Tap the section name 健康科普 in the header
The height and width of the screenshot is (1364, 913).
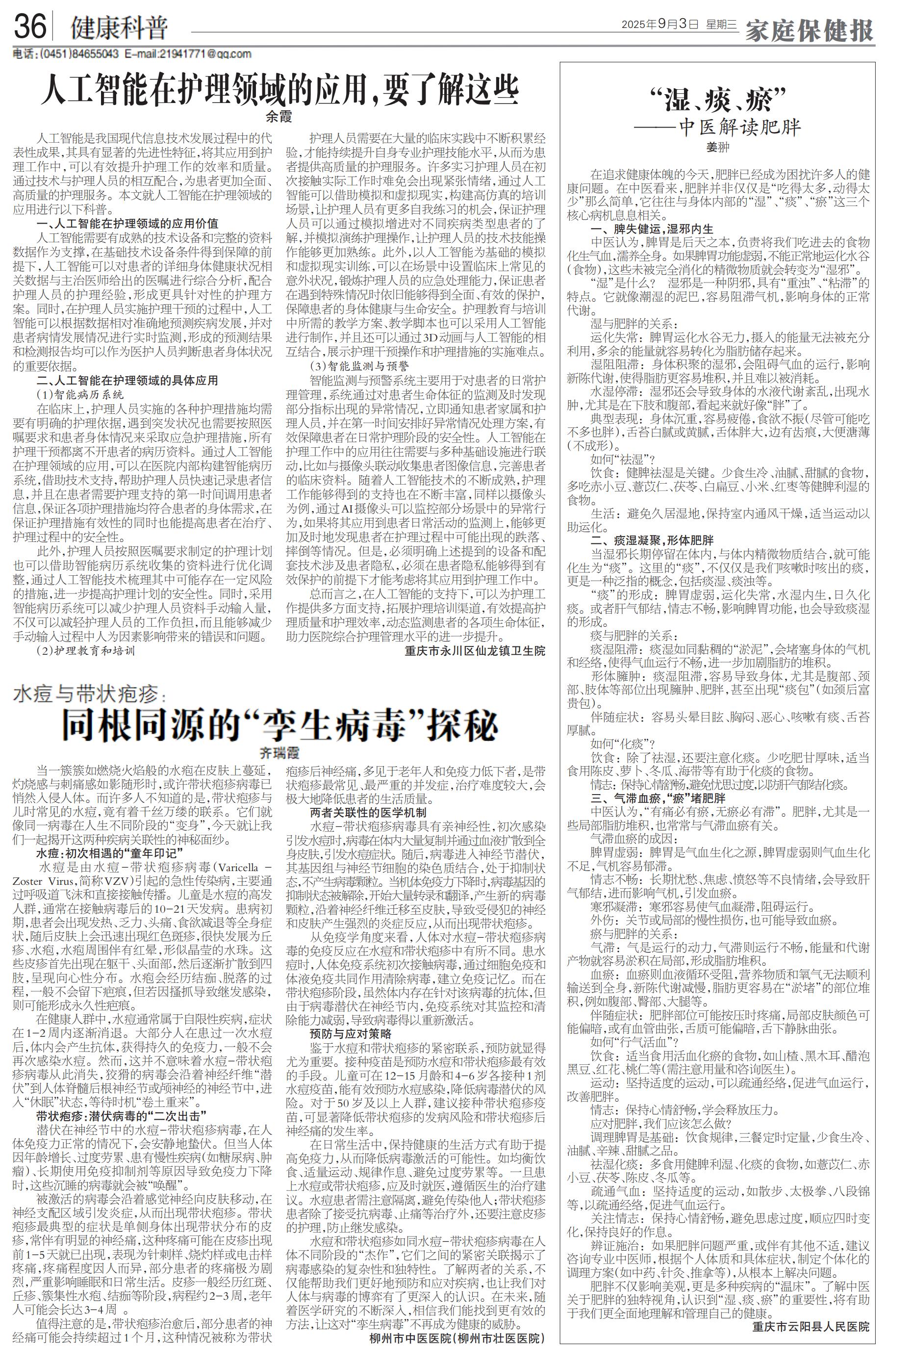(119, 27)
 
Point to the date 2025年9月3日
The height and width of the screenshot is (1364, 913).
(659, 25)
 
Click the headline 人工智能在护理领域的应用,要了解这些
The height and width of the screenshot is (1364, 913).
(279, 88)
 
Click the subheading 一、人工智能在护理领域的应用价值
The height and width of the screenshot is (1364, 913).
(127, 224)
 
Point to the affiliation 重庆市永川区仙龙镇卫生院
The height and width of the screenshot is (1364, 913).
(475, 650)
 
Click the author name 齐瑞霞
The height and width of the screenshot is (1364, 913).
(279, 754)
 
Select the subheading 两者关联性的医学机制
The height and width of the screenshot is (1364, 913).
(367, 812)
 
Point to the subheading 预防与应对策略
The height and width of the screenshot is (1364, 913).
(351, 1034)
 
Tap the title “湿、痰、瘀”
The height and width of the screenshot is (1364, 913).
(717, 101)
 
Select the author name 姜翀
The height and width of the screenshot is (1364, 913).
(717, 148)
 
